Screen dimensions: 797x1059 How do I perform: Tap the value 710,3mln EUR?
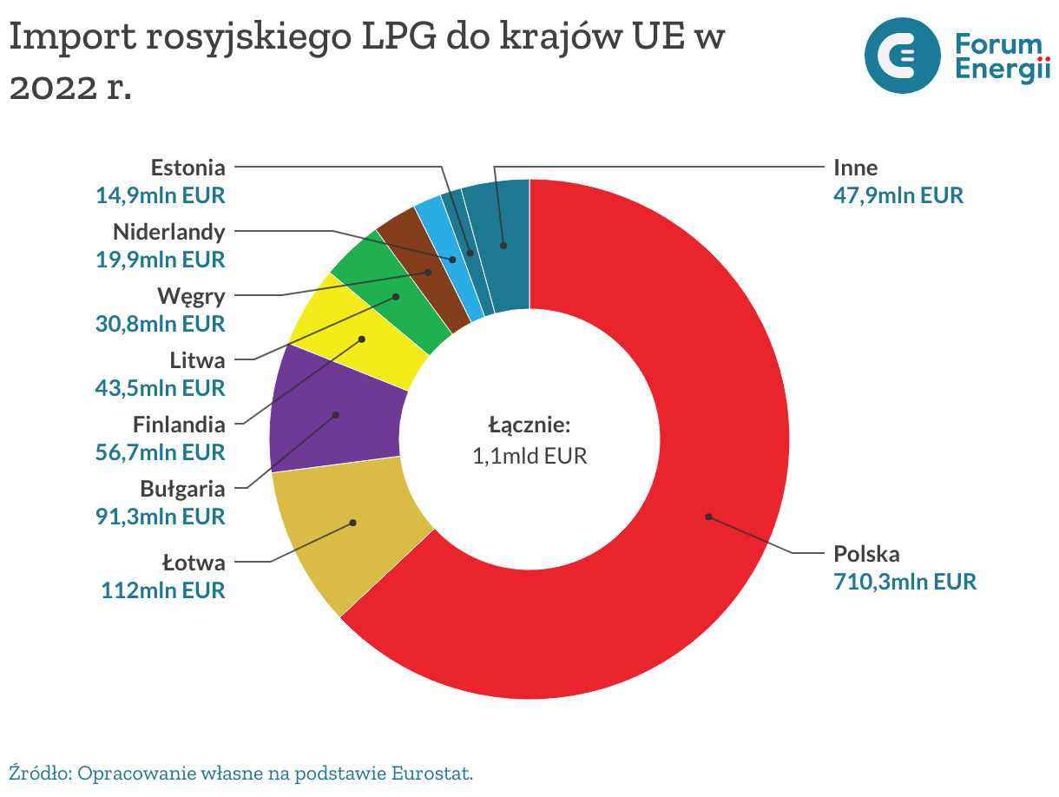[x=904, y=581]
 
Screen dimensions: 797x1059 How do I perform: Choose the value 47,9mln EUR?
[x=898, y=194]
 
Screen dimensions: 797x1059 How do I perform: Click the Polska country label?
[x=866, y=554]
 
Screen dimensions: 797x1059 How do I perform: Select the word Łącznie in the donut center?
[x=529, y=425]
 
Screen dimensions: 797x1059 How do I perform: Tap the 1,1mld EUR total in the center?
[x=529, y=455]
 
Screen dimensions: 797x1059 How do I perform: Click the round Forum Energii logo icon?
[x=903, y=56]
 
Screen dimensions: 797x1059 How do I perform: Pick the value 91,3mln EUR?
[x=160, y=516]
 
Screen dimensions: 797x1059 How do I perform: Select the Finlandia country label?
[x=179, y=425]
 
